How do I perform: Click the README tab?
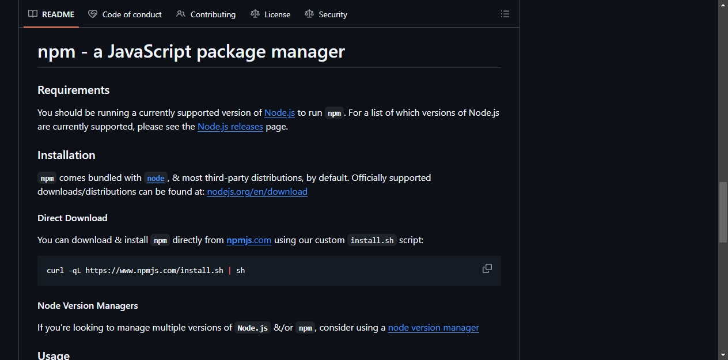point(51,14)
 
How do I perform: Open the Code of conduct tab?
point(125,14)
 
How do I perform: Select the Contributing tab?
point(206,14)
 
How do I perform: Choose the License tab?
point(270,14)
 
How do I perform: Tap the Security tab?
point(326,14)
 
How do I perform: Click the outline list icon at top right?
point(505,14)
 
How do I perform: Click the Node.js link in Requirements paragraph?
point(279,113)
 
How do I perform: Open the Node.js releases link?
point(230,127)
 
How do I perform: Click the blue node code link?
point(156,178)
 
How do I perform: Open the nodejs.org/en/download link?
point(257,192)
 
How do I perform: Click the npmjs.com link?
point(249,240)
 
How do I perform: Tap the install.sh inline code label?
point(372,240)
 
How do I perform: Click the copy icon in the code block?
point(487,268)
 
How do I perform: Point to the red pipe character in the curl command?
point(230,271)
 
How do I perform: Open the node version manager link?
point(433,328)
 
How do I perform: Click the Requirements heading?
point(74,90)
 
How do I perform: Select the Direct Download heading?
point(73,218)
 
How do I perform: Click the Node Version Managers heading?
point(88,306)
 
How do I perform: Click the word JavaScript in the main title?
point(150,52)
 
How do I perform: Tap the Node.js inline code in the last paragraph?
point(252,328)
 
